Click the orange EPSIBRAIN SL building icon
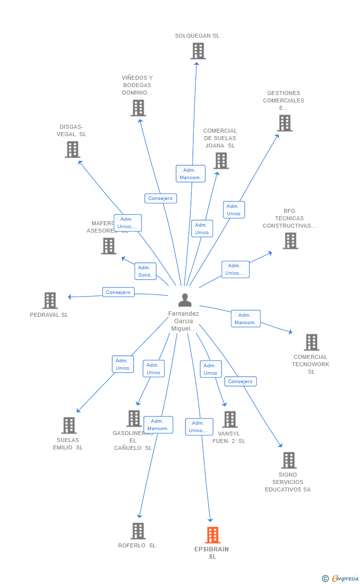pyautogui.click(x=213, y=535)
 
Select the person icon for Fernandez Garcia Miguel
pyautogui.click(x=185, y=300)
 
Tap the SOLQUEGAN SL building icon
pyautogui.click(x=198, y=51)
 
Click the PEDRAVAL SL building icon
pyautogui.click(x=50, y=300)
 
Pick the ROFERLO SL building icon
pyautogui.click(x=138, y=531)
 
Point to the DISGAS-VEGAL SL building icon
pyautogui.click(x=72, y=149)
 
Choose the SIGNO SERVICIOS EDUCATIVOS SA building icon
pyautogui.click(x=289, y=460)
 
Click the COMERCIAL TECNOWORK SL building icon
pyautogui.click(x=311, y=342)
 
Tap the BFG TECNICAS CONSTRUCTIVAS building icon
pyautogui.click(x=290, y=241)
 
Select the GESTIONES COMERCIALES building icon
pyautogui.click(x=284, y=123)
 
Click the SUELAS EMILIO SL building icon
pyautogui.click(x=69, y=425)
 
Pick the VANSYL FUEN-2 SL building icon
pyautogui.click(x=229, y=420)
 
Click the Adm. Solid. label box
pyautogui.click(x=145, y=271)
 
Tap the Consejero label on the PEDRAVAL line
pyautogui.click(x=118, y=292)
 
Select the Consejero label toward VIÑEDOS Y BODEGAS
pyautogui.click(x=160, y=198)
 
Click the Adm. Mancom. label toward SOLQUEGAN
pyautogui.click(x=190, y=174)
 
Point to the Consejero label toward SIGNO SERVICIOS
pyautogui.click(x=240, y=382)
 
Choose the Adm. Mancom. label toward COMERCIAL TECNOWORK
pyautogui.click(x=245, y=319)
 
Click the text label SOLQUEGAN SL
pyautogui.click(x=197, y=36)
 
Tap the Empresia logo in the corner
pyautogui.click(x=341, y=578)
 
